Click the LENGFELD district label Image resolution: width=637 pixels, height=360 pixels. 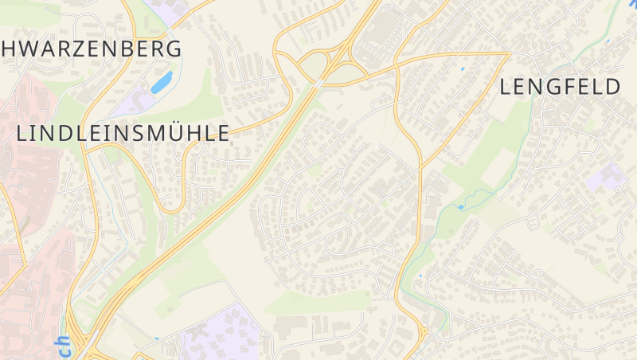560,87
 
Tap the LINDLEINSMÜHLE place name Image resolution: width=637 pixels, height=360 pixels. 123,133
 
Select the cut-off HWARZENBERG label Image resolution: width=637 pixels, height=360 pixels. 92,48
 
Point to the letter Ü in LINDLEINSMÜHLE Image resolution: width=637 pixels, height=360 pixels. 173,133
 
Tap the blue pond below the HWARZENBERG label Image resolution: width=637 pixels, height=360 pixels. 162,81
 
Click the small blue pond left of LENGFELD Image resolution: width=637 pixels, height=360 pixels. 463,69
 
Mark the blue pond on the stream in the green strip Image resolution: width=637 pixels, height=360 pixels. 460,208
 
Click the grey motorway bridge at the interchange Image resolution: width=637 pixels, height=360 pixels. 318,82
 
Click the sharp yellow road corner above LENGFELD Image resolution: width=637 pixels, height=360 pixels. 508,54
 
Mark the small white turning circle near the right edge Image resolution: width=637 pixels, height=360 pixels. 620,237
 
